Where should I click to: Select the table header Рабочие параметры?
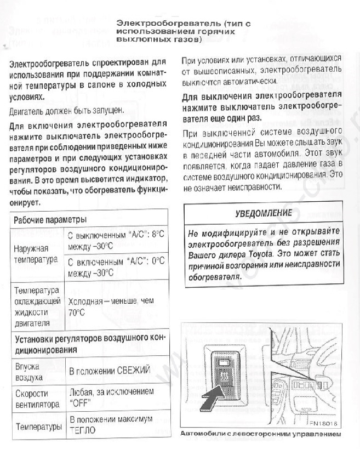point(51,219)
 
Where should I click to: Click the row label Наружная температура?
point(35,253)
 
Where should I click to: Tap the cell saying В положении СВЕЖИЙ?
point(109,371)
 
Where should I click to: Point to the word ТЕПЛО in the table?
point(82,430)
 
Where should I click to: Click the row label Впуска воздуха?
point(29,371)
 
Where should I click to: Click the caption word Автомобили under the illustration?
point(203,434)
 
